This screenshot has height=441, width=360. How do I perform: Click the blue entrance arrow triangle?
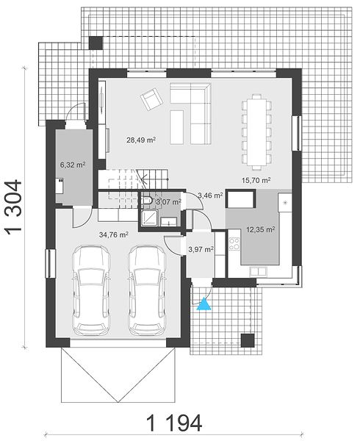point(204,304)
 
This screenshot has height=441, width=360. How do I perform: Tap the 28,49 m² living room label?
point(141,140)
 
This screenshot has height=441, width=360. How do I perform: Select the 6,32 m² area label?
point(73,165)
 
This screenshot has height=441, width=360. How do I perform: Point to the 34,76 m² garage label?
point(114,234)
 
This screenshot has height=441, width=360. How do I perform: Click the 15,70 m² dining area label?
point(256,180)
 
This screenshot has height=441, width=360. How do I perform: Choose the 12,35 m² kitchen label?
point(261,230)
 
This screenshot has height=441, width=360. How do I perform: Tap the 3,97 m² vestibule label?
point(201,249)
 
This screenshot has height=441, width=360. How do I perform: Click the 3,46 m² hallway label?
point(211,196)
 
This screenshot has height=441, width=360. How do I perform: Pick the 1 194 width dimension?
point(174,423)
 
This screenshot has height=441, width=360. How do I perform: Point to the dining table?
point(257,132)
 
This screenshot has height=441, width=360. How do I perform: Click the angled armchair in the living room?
point(152,99)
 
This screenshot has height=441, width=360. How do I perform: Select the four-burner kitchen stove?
point(234,244)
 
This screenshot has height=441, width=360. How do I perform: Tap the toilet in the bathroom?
point(147,200)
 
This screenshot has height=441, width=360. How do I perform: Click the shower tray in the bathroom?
point(148,218)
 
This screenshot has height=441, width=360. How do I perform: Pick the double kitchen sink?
point(258,270)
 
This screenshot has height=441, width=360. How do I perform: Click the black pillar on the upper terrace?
point(96,43)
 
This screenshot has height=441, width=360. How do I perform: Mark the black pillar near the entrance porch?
point(248,340)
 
